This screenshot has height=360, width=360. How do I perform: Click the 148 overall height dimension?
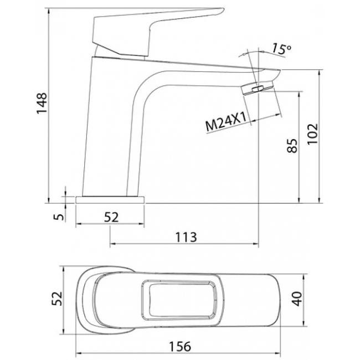pos(42,104)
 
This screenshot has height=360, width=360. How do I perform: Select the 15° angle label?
pos(281,49)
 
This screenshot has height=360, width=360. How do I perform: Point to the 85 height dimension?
pos(292,146)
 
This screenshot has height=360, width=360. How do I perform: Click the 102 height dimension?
pos(313,134)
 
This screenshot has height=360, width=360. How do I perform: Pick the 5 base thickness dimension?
pos(59,217)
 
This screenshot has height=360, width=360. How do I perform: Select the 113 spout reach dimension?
pos(186,237)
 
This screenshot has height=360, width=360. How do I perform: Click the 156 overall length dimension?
pos(180,347)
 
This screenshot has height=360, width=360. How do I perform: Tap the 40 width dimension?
pos(298,299)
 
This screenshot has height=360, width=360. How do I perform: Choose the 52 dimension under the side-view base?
pos(111,217)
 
